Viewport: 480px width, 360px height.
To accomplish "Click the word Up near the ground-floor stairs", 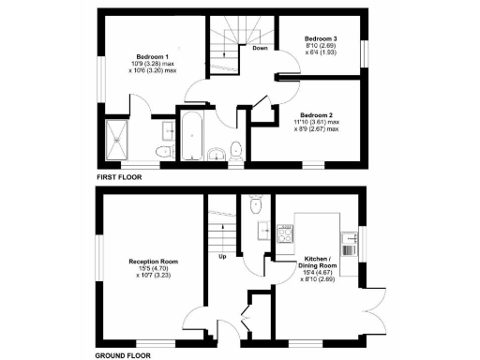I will pyautogui.click(x=223, y=256).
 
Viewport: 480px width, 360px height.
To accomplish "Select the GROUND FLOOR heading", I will pyautogui.click(x=127, y=356).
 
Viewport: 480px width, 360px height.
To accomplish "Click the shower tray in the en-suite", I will pyautogui.click(x=119, y=139).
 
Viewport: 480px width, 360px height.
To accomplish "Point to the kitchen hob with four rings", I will pyautogui.click(x=282, y=231).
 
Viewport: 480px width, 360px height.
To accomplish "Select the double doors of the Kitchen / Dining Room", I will pyautogui.click(x=375, y=300).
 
